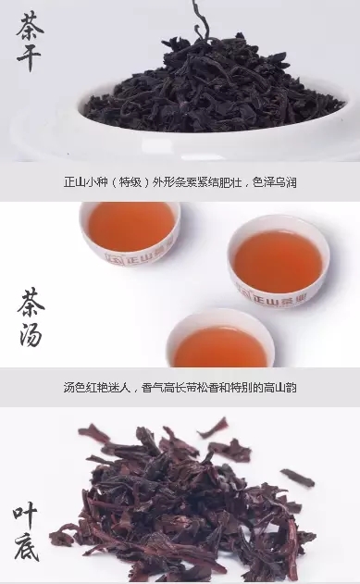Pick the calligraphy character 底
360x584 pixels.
pos(27,547)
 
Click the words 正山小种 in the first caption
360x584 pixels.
pos(86,182)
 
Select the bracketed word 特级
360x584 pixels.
pos(130,182)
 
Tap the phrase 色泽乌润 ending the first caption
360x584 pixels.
pos(274,182)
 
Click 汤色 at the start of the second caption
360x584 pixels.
pos(75,388)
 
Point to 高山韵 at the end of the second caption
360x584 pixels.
pos(280,388)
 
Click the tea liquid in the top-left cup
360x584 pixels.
pos(130,226)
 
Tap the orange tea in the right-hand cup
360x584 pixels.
pos(278,257)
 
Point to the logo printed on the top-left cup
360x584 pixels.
pos(140,256)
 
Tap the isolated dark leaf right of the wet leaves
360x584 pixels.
pos(297,478)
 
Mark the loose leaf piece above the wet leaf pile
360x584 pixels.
pos(212,428)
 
